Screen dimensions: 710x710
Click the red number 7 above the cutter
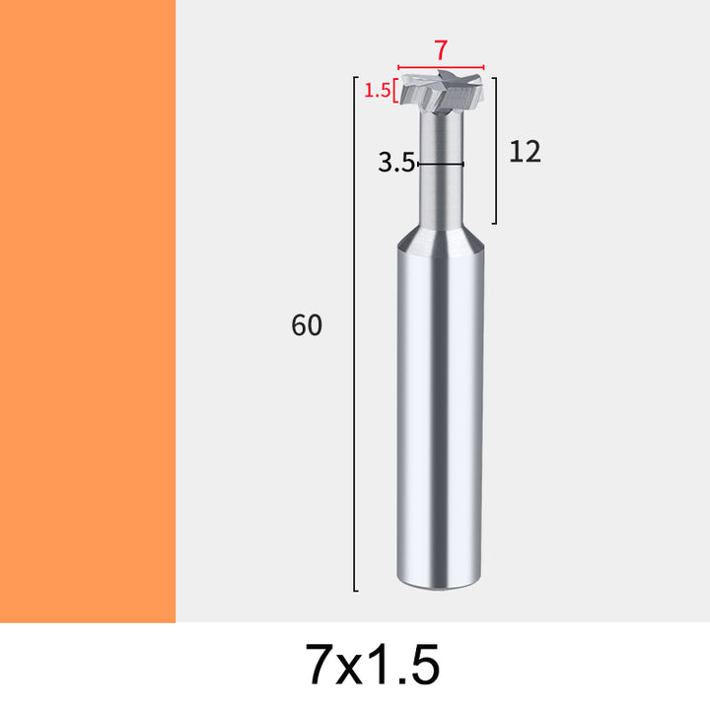[441, 50]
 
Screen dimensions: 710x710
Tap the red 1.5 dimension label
[377, 91]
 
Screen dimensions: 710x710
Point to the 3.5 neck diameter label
[396, 163]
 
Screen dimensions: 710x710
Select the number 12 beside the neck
[525, 152]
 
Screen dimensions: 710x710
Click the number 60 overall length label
[307, 324]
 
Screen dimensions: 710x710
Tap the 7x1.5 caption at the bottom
[372, 665]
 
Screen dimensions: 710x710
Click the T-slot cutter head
[441, 92]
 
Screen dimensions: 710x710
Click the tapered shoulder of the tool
[441, 238]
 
